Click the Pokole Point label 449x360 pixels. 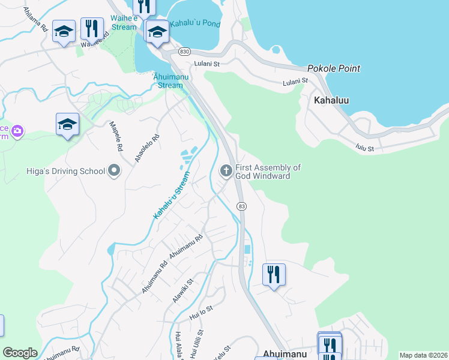coord(333,68)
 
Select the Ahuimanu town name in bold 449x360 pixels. coord(285,354)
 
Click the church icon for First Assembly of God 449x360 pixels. coord(226,172)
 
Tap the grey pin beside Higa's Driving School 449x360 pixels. coord(114,172)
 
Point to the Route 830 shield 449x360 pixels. coord(184,52)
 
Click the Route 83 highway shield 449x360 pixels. coord(241,206)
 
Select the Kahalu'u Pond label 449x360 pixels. coord(194,24)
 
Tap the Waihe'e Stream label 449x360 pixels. coord(124,23)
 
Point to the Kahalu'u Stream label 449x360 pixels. coord(171,195)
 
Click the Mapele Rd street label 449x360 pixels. coord(115,136)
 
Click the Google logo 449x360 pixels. coord(20,353)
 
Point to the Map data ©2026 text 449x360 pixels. coord(423,355)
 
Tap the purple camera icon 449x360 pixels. coord(17,130)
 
